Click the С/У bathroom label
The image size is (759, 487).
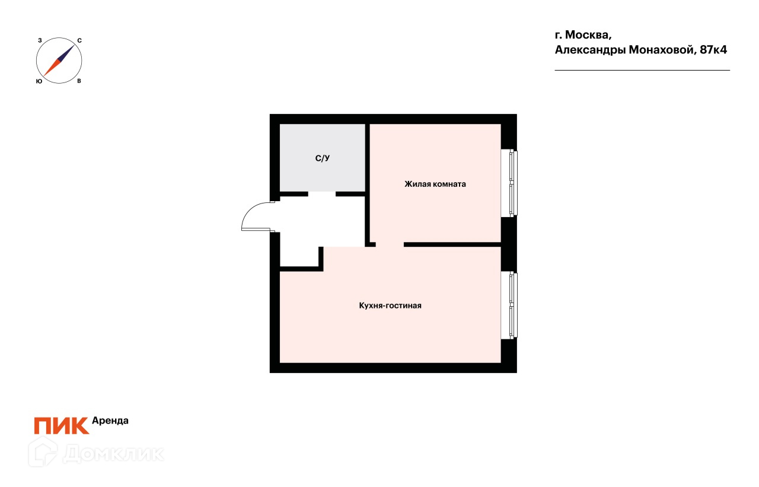pos(322,158)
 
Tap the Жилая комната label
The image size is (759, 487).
pos(435,184)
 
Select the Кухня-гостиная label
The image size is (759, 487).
pos(390,306)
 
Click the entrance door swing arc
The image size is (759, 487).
pos(251,212)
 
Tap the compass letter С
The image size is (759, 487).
pos(79,40)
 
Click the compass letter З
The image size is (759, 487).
pos(40,40)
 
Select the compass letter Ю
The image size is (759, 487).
pos(39,81)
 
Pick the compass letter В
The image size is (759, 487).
pos(79,81)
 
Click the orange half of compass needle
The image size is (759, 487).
pos(52,68)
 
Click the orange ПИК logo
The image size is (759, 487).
pos(61,425)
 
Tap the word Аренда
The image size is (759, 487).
pos(110,421)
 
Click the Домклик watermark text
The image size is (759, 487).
pos(113,454)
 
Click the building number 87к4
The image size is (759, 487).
pos(713,50)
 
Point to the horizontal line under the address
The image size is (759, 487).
pos(642,71)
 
